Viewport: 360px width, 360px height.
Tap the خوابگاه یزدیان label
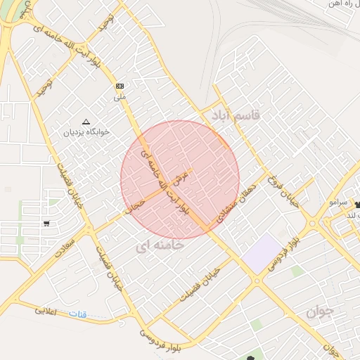tap(84, 131)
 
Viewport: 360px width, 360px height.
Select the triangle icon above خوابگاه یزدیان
tap(86, 121)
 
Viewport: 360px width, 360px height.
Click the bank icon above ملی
tap(120, 86)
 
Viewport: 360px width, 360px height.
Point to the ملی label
tap(120, 96)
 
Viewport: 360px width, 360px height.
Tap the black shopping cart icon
tap(46, 224)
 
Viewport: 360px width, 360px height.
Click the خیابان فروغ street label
tap(279, 191)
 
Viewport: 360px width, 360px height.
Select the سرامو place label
tap(338, 202)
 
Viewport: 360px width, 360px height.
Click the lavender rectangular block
tap(262, 252)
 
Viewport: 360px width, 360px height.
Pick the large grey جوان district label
tap(321, 310)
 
